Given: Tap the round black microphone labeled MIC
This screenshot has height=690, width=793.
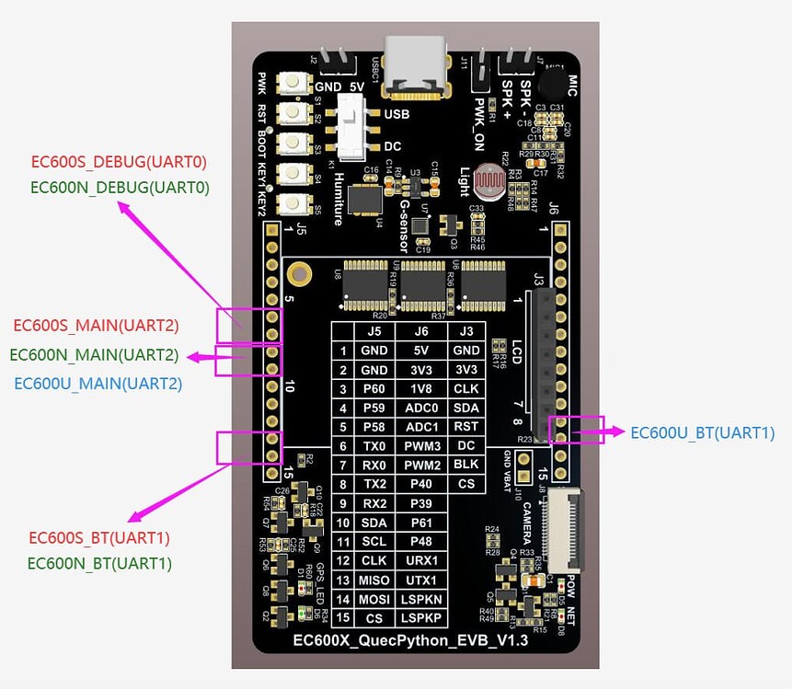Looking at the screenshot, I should click(553, 86).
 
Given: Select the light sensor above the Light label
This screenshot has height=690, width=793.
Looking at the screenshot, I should click(486, 180).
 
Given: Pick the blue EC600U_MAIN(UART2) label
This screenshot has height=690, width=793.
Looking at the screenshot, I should click(98, 383).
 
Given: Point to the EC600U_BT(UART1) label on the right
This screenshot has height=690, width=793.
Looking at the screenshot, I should click(703, 432).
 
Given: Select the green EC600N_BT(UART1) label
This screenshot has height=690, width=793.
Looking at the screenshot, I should click(99, 563).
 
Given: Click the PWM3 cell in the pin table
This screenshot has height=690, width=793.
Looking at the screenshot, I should click(420, 446).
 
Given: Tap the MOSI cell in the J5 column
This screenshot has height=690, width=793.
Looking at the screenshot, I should click(372, 598).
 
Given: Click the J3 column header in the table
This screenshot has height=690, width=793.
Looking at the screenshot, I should click(466, 331).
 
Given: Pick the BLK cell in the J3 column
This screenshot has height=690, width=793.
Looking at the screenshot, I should click(466, 465).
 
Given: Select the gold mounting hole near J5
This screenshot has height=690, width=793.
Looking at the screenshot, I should click(297, 272).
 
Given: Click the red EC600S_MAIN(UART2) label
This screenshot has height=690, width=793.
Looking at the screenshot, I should click(96, 325).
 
